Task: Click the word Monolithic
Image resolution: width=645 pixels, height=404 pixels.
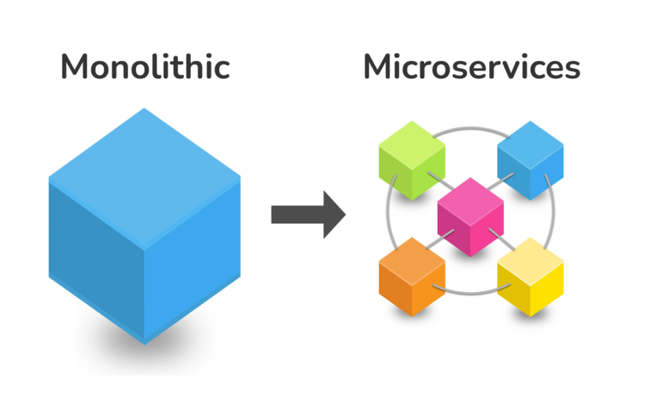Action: point(144,67)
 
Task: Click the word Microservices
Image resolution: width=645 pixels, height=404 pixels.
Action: point(471,67)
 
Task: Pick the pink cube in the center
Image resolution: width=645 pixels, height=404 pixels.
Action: point(470,216)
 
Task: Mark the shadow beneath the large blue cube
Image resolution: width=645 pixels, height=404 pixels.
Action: point(144,352)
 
